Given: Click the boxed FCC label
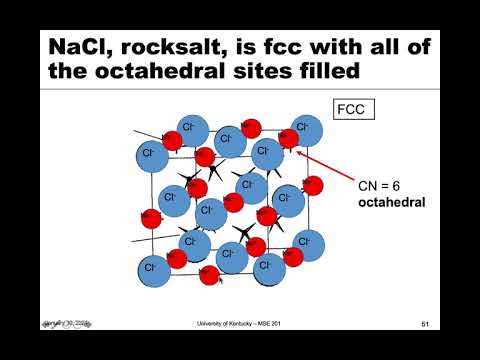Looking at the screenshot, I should pos(353,110).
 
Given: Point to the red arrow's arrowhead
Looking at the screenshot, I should pos(296,151).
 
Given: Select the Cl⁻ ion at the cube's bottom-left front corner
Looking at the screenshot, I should pos(151,268).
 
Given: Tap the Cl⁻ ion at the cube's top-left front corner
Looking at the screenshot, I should pos(151,154).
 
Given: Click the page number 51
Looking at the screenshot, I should pos(425,324).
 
